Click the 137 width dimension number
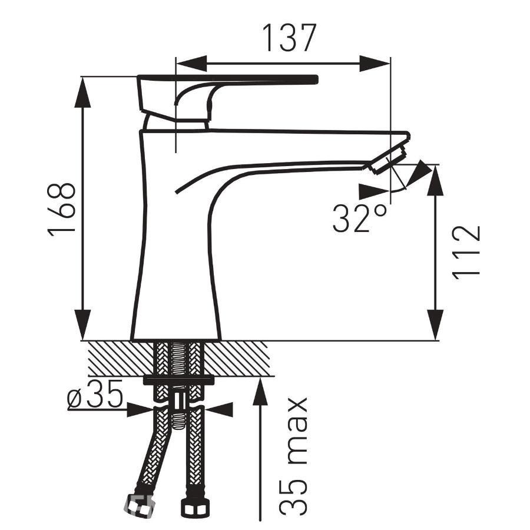[x=289, y=37]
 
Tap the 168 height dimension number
[x=61, y=210]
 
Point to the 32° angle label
[x=359, y=218]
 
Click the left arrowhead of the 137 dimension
[x=191, y=63]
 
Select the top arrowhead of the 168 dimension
[x=82, y=92]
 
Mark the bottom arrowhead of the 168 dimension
[x=82, y=325]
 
